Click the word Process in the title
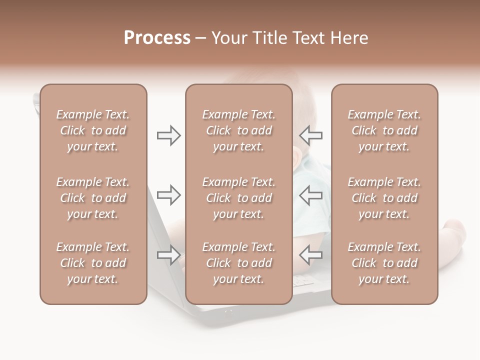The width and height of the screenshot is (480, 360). [157, 38]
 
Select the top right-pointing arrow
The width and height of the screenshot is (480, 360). [168, 135]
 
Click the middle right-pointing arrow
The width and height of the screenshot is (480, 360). [168, 194]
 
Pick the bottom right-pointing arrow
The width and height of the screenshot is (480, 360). [168, 255]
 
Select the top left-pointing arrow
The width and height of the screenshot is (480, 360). [310, 135]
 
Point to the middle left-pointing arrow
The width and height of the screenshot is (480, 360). [310, 194]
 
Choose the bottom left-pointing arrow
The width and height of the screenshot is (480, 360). [310, 255]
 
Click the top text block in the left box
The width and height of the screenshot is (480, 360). [93, 130]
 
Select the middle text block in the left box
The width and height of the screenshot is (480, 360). [93, 198]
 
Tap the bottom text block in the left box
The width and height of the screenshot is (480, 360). [93, 263]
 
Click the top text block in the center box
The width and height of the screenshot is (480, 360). [239, 130]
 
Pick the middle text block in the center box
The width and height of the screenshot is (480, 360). [239, 198]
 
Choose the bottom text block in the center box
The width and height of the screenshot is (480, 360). [239, 263]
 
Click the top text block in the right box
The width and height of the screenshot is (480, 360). [384, 130]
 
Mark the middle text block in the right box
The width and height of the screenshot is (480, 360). [384, 198]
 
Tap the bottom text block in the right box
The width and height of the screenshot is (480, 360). [384, 263]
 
